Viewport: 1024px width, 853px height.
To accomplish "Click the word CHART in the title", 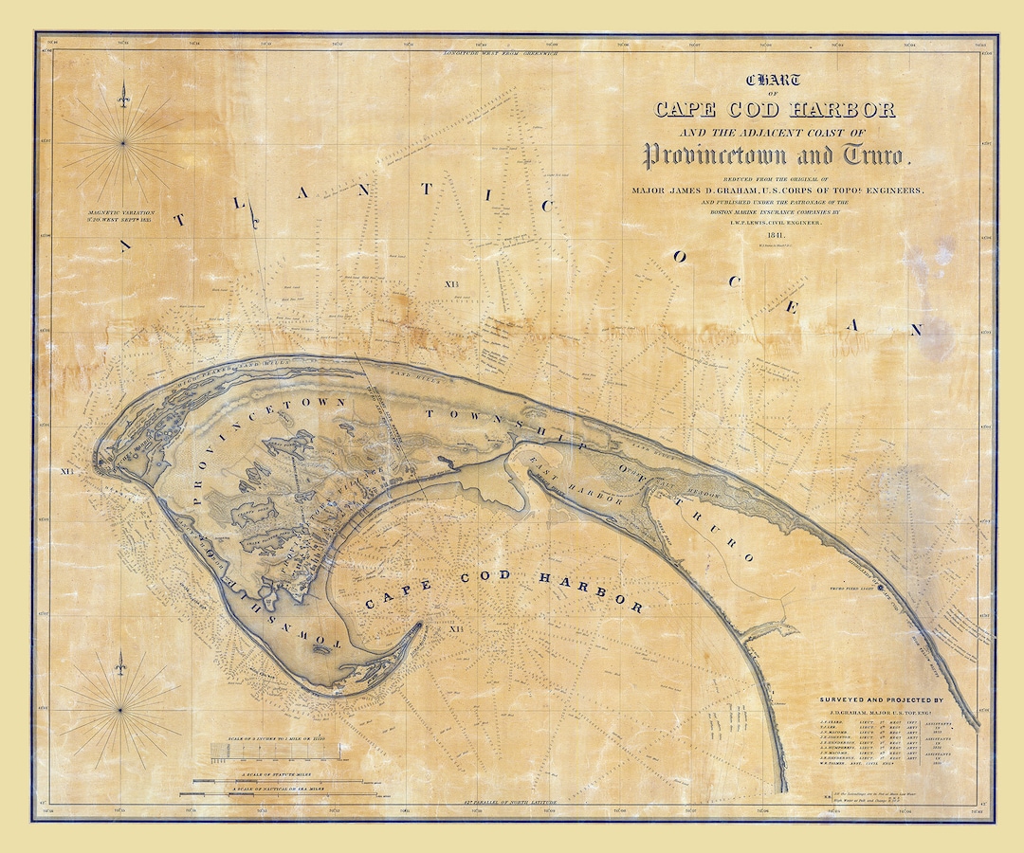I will click(774, 82).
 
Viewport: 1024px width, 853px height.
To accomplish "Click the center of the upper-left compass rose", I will click(122, 143).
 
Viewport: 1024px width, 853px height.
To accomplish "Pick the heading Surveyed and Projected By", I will click(882, 700).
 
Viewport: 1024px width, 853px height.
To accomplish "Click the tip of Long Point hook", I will click(420, 626).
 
